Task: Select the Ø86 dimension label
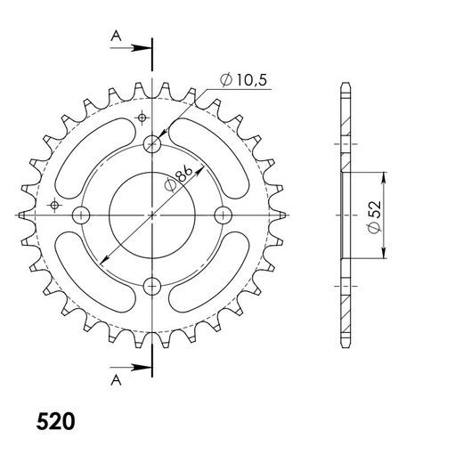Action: click(x=175, y=183)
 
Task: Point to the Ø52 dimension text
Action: click(x=376, y=215)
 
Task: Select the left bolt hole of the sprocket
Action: click(x=83, y=215)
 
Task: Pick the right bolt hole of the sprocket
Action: click(x=223, y=215)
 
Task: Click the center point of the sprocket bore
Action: click(x=153, y=215)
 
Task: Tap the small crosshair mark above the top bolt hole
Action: click(x=141, y=118)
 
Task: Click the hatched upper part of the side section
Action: click(x=345, y=125)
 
